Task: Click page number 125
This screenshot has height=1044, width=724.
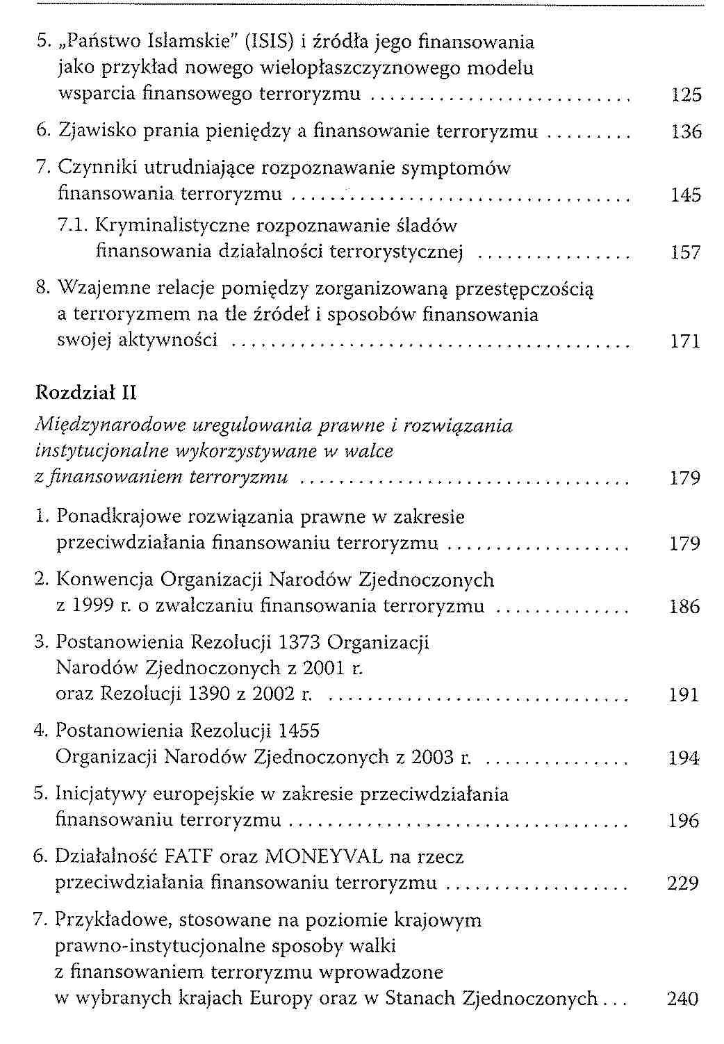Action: [686, 95]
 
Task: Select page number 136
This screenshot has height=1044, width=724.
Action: [686, 131]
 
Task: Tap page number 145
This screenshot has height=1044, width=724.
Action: [686, 195]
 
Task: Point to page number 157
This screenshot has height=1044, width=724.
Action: [686, 252]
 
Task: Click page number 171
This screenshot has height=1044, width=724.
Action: [686, 341]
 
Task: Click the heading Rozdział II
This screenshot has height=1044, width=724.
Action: [85, 393]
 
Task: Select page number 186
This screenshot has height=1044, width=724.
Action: [684, 606]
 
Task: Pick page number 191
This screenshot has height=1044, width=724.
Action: [684, 694]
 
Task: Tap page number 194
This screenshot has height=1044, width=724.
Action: [684, 758]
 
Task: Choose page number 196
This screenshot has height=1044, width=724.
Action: [684, 820]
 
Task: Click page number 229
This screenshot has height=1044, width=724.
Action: [682, 883]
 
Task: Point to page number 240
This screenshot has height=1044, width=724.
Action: [682, 998]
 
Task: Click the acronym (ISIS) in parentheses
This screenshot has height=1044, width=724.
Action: [268, 42]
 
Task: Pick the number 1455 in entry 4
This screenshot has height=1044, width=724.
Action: [299, 731]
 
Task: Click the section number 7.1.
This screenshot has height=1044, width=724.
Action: [72, 226]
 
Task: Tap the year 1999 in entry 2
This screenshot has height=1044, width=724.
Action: [93, 606]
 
